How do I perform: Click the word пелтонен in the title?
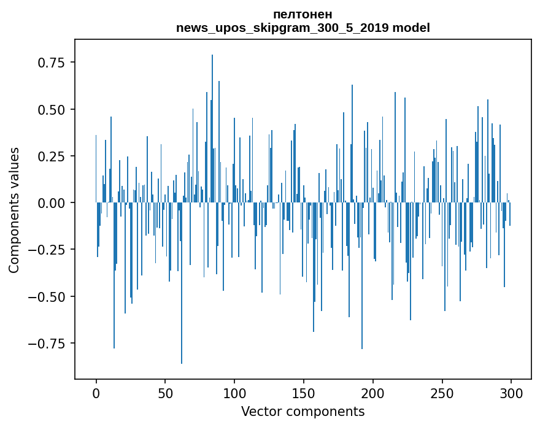(x=303, y=15)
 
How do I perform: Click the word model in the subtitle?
(x=411, y=28)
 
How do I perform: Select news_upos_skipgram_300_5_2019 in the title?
(x=283, y=28)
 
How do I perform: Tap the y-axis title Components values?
(x=13, y=210)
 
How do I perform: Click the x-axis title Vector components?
(x=303, y=411)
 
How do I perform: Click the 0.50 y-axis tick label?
(x=52, y=109)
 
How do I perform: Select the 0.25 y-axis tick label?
(x=52, y=156)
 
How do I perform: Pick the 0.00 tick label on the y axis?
(x=52, y=203)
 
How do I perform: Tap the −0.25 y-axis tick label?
(x=47, y=250)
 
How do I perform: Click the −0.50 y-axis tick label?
(x=47, y=297)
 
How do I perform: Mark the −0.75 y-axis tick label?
(x=47, y=344)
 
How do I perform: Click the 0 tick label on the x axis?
(x=96, y=393)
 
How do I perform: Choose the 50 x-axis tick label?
(x=165, y=393)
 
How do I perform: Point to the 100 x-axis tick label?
(x=234, y=393)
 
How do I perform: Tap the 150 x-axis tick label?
(x=304, y=393)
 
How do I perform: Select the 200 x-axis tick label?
(x=373, y=393)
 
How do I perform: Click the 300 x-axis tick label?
(x=511, y=393)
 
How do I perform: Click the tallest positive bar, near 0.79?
(x=212, y=128)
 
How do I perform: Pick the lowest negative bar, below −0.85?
(x=182, y=283)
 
